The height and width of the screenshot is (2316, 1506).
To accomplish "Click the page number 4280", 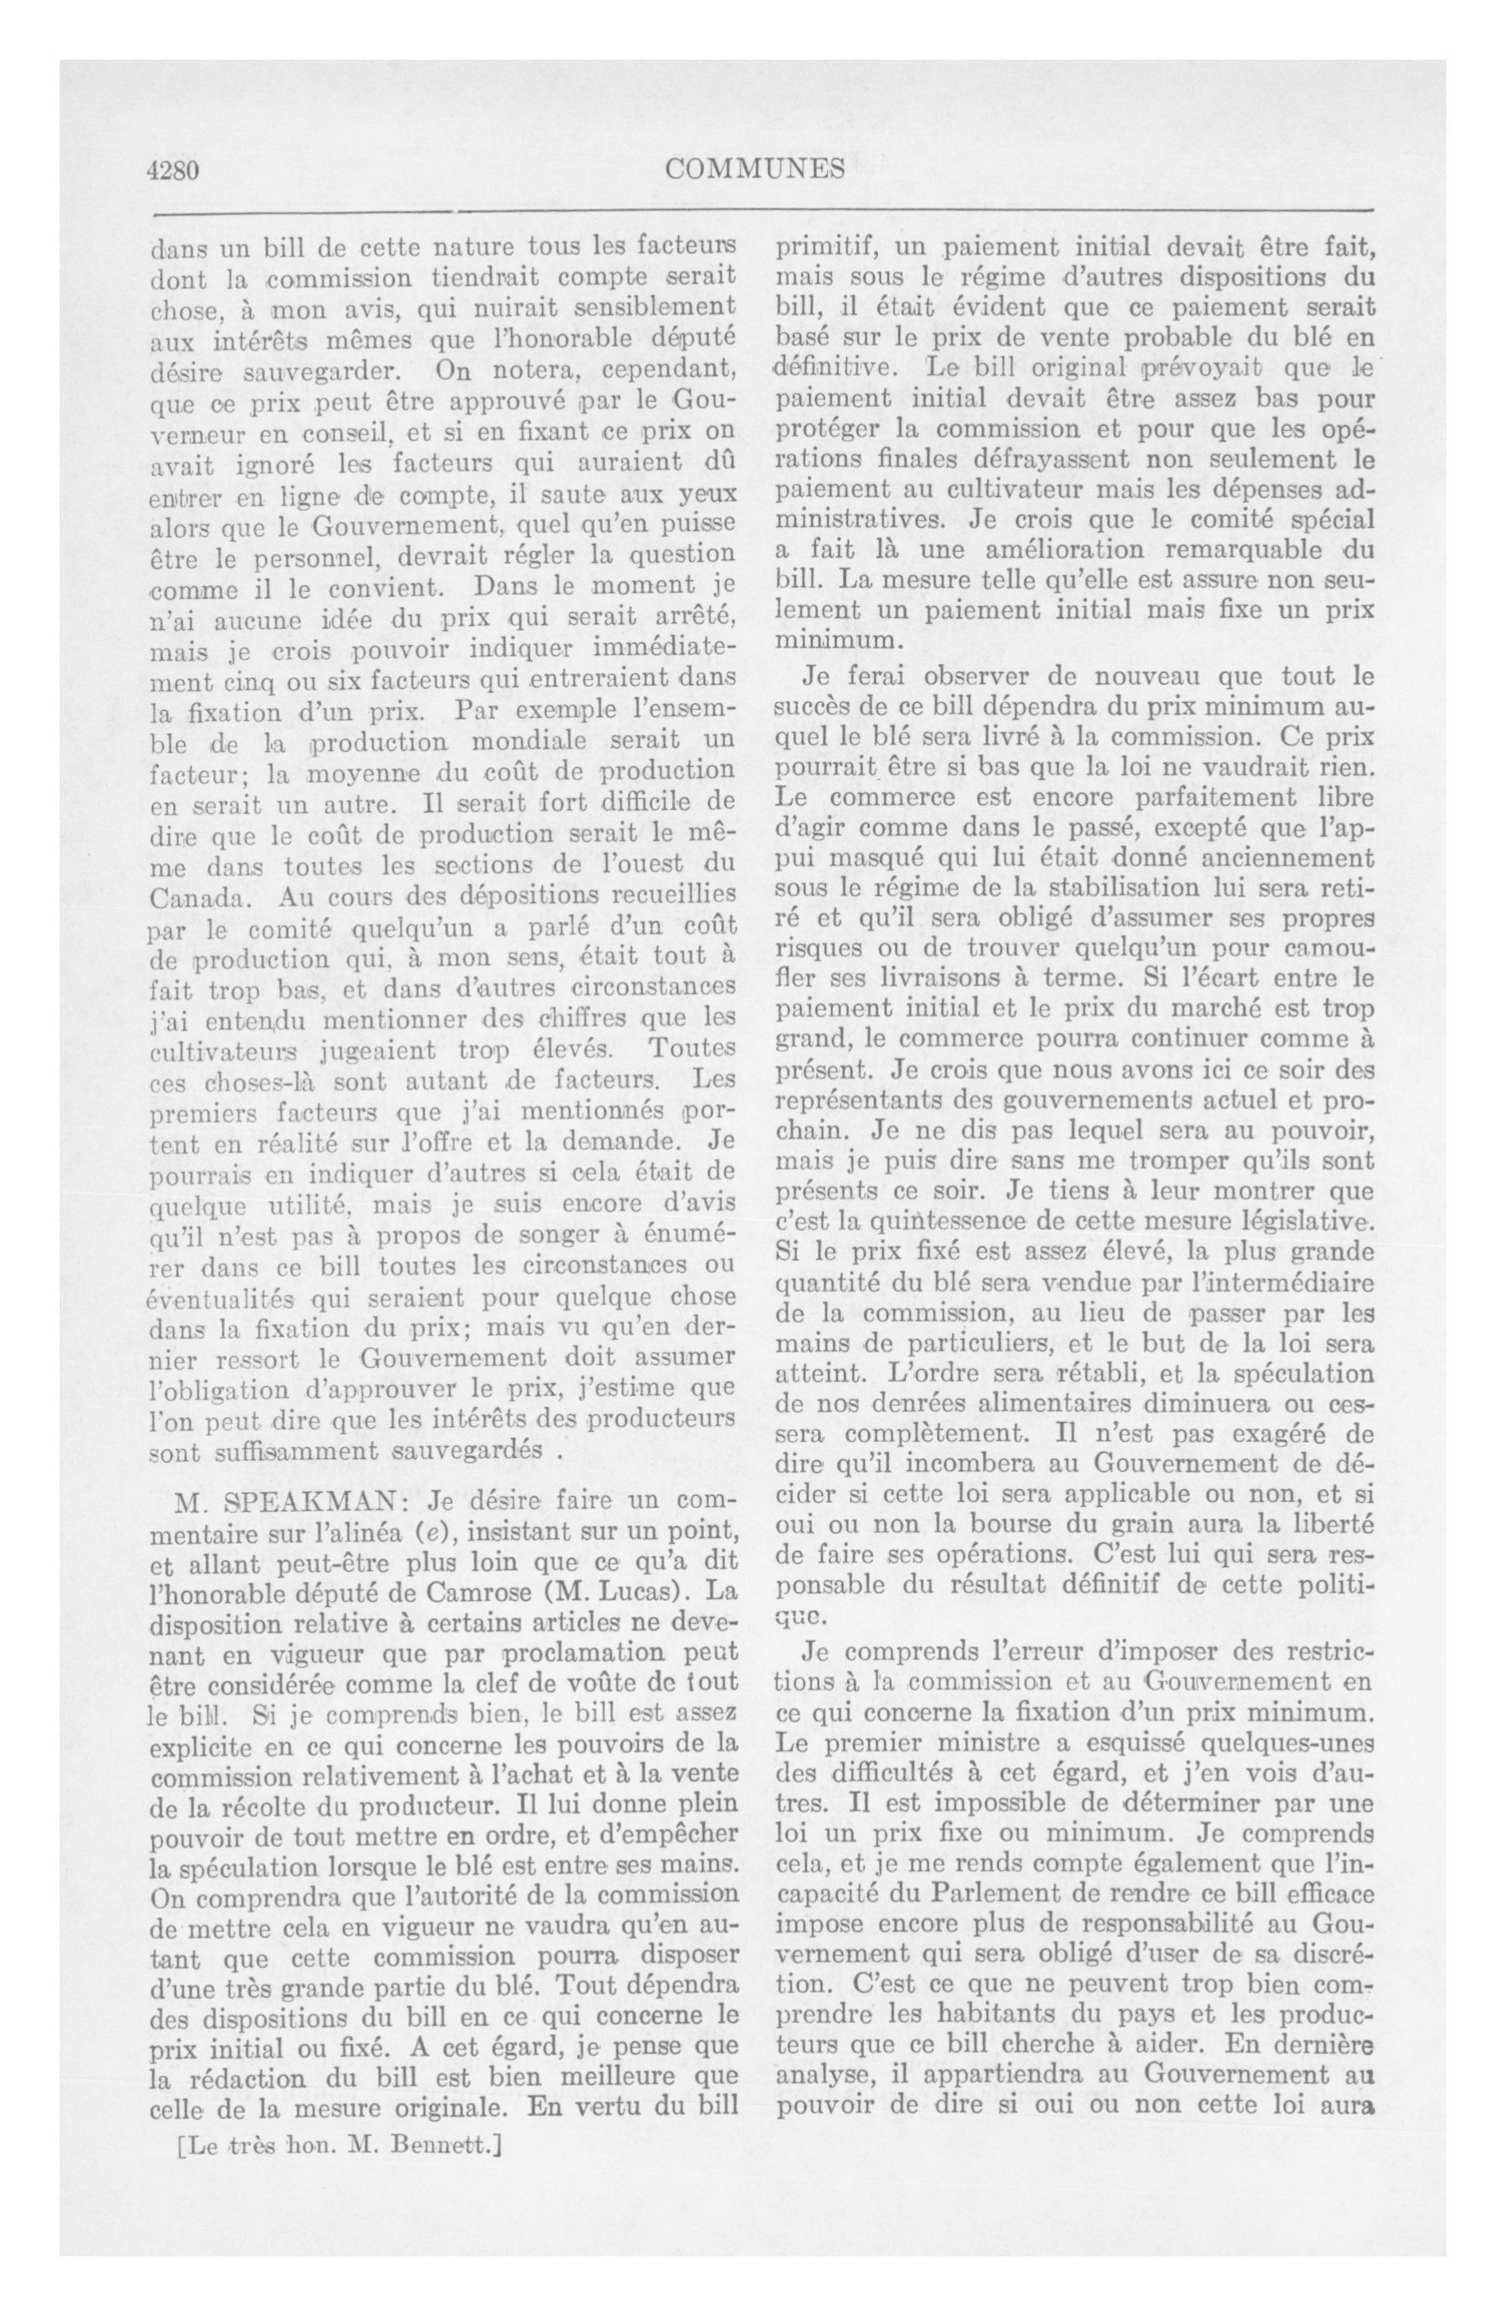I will [x=174, y=170].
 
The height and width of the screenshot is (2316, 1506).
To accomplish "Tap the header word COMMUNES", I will [x=755, y=170].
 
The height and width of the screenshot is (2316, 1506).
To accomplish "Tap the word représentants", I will [x=863, y=1101].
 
